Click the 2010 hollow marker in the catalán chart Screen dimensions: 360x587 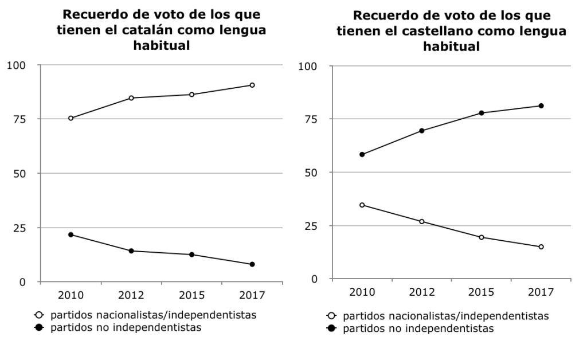(71, 118)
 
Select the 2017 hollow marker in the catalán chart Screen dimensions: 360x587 (252, 85)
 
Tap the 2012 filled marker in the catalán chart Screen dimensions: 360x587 (131, 251)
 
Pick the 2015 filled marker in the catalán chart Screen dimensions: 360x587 (191, 255)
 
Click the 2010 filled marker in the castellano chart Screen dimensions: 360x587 (362, 154)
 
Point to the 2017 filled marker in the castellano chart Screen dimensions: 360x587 (541, 105)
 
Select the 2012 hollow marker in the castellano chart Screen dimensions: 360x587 (422, 221)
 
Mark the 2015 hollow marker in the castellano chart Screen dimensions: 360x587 (482, 237)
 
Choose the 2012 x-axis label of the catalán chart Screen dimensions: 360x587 (131, 295)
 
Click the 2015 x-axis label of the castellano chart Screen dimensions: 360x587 (482, 292)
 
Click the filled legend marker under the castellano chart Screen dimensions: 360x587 (331, 330)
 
